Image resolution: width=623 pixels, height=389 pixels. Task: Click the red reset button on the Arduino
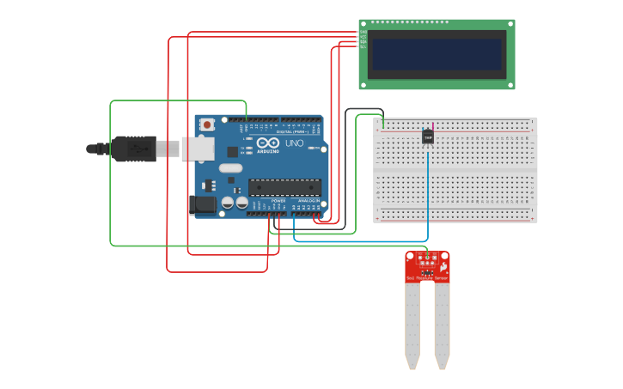207,125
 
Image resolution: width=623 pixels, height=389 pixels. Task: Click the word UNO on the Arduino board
294,143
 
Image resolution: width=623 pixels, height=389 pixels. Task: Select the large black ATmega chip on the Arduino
284,186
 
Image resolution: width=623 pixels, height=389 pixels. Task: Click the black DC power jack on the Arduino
202,204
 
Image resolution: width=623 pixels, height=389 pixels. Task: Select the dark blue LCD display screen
437,53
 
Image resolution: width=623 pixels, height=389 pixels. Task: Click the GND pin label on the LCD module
363,32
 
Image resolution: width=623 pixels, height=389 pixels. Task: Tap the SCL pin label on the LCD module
363,46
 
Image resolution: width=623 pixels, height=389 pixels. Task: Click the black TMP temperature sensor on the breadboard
427,137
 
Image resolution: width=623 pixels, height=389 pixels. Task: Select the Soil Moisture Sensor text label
427,278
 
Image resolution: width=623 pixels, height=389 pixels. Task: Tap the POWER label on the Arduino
278,201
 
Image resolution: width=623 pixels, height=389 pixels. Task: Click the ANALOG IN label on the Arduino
308,201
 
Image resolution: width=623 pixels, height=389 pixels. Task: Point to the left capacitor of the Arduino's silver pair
228,203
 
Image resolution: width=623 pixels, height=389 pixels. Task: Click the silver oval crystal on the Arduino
229,167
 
